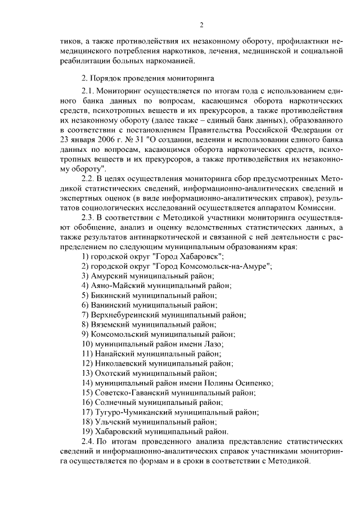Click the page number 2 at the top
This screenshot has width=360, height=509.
(x=200, y=24)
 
